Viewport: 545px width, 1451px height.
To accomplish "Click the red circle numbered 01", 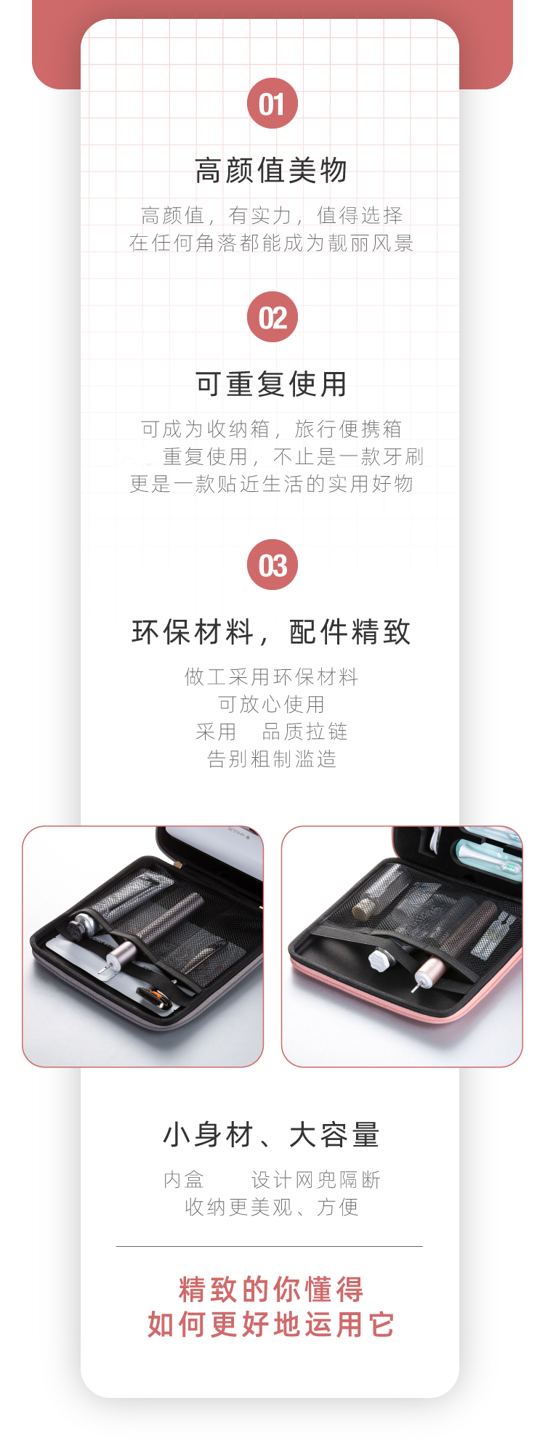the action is coord(272,103).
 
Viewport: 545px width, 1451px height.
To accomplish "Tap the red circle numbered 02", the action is coord(272,317).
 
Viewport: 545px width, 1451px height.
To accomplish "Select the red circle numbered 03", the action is coord(272,565).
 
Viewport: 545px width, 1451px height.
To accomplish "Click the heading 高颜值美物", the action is coord(272,171).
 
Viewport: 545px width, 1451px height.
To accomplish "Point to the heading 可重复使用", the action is coord(272,384).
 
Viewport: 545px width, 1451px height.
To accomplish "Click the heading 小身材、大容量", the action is coord(272,1134).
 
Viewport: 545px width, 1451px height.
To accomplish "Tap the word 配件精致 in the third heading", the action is coord(350,632).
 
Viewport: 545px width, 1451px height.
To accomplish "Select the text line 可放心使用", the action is coord(272,704).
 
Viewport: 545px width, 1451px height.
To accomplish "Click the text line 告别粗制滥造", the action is coord(272,759).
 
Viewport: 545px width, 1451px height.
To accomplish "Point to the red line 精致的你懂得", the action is coord(272,1290).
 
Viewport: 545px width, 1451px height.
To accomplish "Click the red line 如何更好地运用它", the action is coord(272,1325).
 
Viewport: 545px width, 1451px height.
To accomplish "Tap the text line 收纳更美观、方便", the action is coord(272,1207).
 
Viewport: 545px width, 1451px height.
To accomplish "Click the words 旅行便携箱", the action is coord(348,429).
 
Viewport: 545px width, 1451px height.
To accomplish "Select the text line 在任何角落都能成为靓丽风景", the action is coord(272,243).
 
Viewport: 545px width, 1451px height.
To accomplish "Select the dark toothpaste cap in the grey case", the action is coord(79,929).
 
